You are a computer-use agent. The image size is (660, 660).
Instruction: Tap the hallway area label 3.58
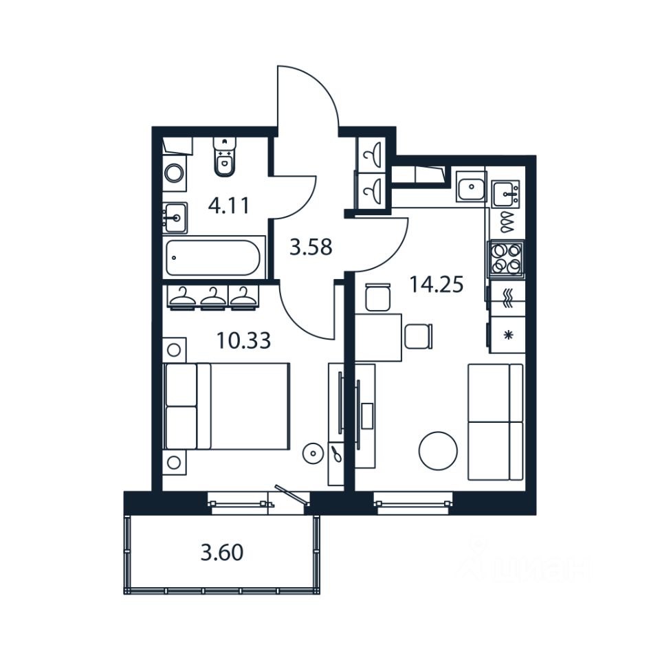point(311,247)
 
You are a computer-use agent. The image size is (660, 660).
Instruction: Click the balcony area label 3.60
point(222,552)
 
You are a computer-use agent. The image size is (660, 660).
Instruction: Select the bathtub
point(213,258)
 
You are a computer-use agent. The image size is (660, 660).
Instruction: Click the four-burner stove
point(506,258)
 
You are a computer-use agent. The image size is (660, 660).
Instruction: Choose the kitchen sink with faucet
point(507,192)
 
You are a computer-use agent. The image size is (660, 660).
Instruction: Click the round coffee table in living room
point(438,450)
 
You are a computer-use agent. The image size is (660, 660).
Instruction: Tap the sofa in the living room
point(496,422)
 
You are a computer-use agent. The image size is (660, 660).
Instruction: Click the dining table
point(379,337)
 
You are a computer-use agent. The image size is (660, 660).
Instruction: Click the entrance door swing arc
point(309,96)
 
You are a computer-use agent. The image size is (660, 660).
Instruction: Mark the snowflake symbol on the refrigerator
point(509,335)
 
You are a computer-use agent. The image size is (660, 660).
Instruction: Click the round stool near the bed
point(313,452)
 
